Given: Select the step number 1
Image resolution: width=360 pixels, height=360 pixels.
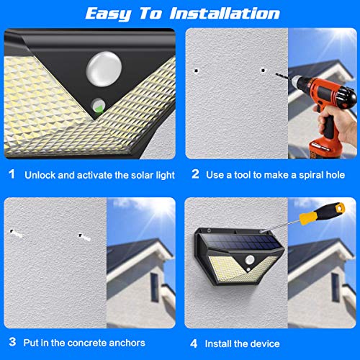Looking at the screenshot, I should tap(12, 174).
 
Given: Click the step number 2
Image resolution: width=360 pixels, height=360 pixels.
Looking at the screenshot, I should tap(195, 174).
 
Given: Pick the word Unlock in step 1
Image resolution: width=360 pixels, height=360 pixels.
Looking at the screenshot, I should tap(40, 175).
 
